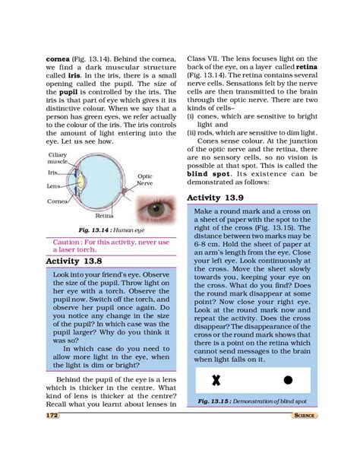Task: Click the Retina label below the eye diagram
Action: (104, 216)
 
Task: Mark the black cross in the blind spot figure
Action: (216, 379)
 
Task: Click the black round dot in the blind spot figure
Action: (288, 379)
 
